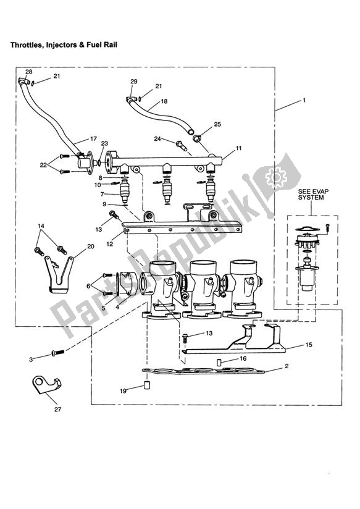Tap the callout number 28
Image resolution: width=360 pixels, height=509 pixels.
point(28,72)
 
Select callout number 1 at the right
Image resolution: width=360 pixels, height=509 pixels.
point(304,99)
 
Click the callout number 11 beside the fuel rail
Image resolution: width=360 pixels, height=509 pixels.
point(238,149)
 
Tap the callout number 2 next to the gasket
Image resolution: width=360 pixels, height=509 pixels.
point(287,366)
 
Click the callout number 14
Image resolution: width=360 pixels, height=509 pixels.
point(41,226)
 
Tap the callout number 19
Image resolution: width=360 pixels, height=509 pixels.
point(123,391)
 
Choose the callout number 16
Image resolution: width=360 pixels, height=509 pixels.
point(243,358)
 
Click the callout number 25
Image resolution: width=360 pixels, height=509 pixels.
point(217,124)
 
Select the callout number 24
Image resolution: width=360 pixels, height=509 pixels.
point(157,139)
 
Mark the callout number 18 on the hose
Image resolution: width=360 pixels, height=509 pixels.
point(164,101)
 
